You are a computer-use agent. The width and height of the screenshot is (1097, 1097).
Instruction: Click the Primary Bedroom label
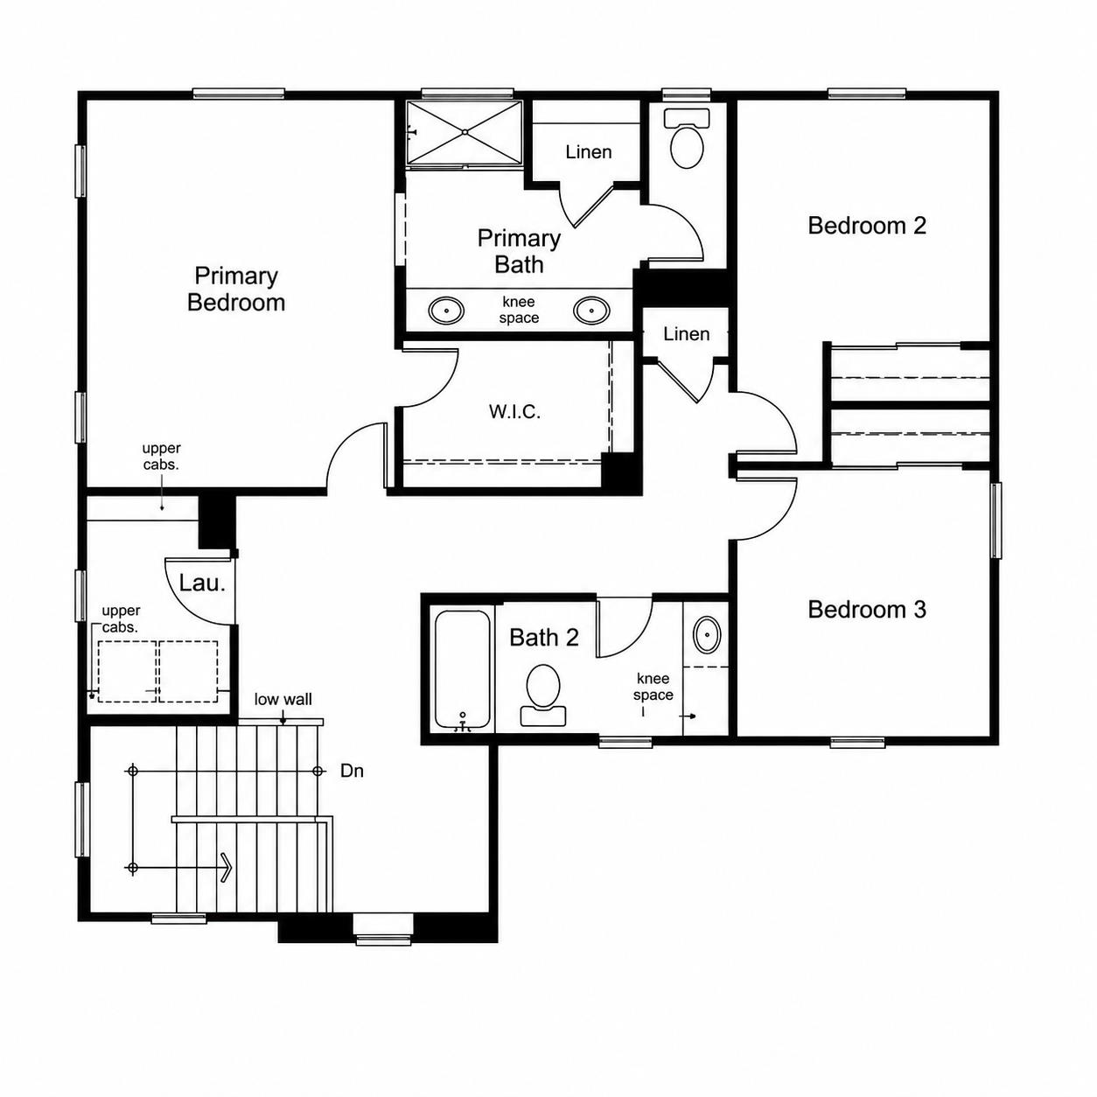click(x=235, y=289)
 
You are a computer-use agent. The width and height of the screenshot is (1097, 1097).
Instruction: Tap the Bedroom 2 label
click(x=866, y=226)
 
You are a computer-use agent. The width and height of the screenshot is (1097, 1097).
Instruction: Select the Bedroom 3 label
click(x=866, y=610)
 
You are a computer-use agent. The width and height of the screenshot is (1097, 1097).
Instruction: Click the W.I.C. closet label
click(x=514, y=411)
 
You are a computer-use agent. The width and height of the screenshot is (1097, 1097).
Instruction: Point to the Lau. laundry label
click(x=202, y=583)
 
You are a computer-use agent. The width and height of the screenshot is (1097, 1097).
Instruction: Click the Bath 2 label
click(x=543, y=638)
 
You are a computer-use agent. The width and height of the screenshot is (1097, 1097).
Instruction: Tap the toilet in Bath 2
click(x=543, y=695)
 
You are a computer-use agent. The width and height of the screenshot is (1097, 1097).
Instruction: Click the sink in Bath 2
click(x=707, y=633)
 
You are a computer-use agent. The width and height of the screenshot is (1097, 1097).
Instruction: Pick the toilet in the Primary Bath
click(x=687, y=138)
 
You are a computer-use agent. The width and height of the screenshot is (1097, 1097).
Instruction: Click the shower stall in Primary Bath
click(x=465, y=133)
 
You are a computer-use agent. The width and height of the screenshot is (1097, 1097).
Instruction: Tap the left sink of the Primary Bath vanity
click(x=446, y=311)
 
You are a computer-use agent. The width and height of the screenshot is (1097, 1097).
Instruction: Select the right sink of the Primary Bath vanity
click(x=591, y=311)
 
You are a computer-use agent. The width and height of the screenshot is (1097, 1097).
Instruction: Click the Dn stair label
click(x=352, y=771)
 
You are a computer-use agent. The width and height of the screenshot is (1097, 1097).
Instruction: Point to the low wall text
click(x=283, y=699)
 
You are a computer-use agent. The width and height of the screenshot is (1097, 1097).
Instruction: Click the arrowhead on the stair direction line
click(x=227, y=868)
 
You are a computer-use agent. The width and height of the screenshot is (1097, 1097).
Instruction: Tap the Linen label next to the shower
click(x=589, y=152)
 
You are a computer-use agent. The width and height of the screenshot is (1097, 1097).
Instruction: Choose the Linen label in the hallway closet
click(x=687, y=333)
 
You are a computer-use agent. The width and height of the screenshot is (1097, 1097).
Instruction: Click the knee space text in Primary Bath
click(x=519, y=310)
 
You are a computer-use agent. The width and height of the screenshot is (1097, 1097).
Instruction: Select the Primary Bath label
click(x=519, y=251)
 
